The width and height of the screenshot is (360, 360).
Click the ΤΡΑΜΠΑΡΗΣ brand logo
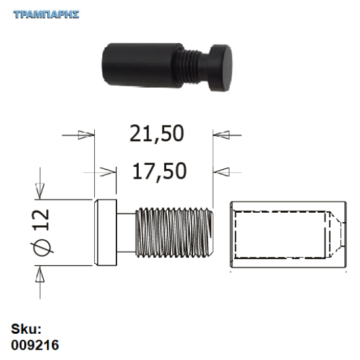[46, 14]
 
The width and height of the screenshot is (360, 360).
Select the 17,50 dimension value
[159, 171]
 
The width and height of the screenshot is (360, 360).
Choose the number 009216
[37, 342]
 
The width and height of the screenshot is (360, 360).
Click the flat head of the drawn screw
[104, 233]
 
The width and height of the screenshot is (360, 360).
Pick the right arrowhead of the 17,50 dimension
[223, 172]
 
